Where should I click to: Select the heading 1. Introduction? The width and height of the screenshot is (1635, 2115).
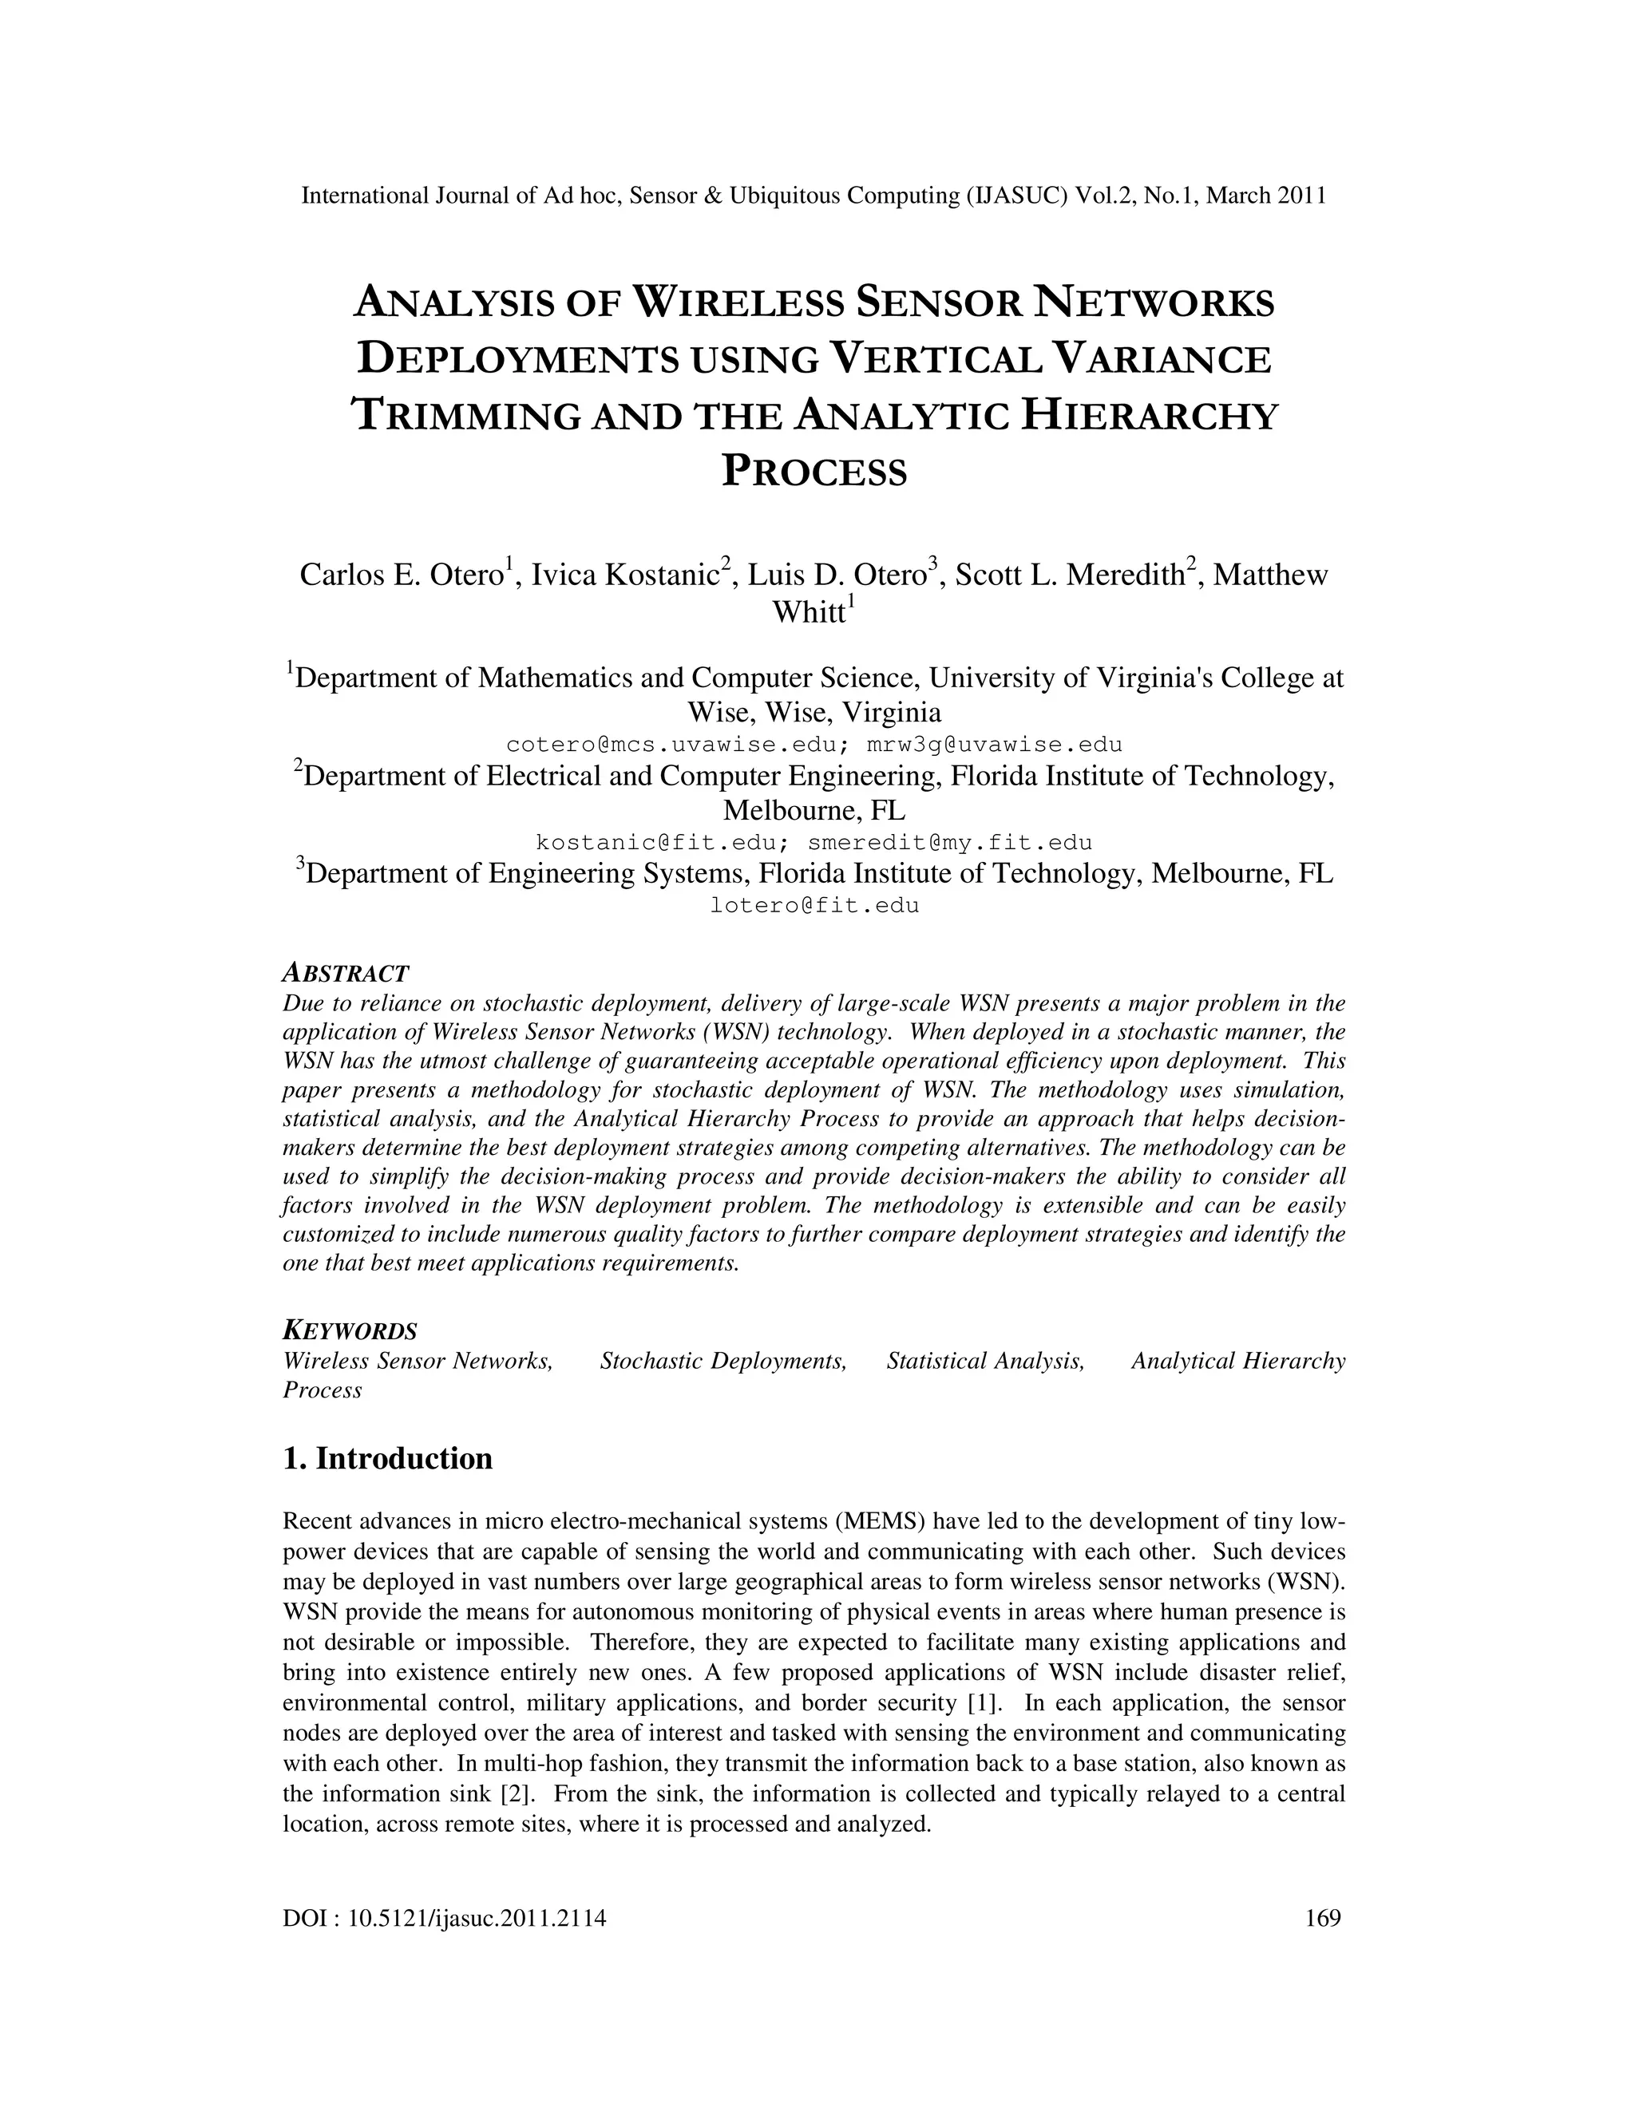(x=387, y=1458)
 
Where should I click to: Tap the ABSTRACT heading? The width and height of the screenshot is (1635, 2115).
(x=346, y=973)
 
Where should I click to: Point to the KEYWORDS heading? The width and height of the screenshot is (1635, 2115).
(x=350, y=1330)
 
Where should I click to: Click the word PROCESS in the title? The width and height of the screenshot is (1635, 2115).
(x=816, y=472)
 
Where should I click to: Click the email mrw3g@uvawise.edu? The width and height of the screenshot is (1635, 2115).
(x=994, y=745)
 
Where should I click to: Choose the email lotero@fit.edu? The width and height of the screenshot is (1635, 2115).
(x=814, y=907)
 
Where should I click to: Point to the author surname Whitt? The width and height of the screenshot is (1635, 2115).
(x=808, y=613)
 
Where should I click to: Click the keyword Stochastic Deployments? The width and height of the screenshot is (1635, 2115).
(x=723, y=1362)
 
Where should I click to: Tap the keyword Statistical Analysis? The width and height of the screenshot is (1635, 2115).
(x=985, y=1362)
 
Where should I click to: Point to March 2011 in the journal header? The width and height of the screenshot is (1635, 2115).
(x=1265, y=196)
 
